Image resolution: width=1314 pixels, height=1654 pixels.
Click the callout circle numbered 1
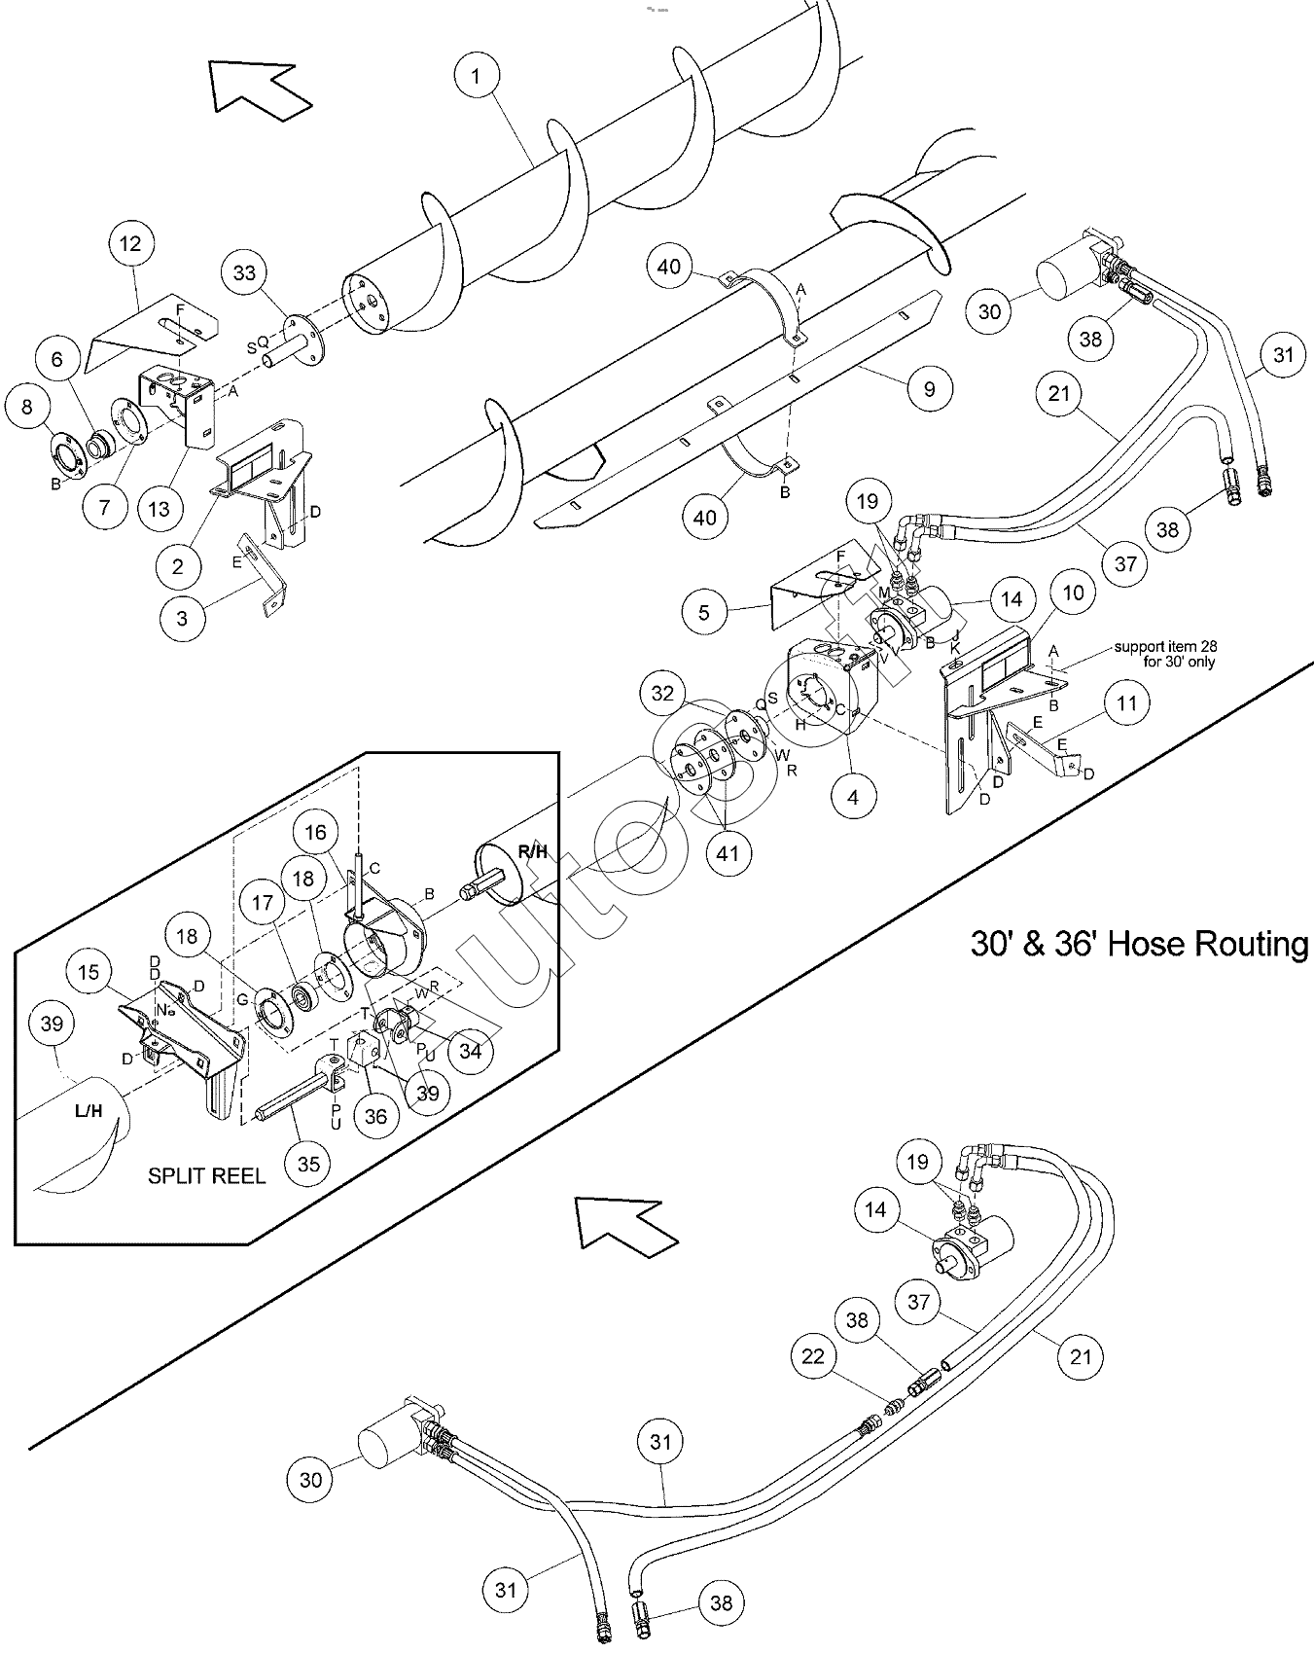[476, 76]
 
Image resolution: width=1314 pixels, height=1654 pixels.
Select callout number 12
[130, 243]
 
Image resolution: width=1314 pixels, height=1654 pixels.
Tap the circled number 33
[244, 272]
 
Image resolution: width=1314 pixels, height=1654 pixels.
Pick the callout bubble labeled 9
[929, 388]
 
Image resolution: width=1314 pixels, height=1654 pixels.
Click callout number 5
[704, 612]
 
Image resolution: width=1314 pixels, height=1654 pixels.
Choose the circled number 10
[1073, 593]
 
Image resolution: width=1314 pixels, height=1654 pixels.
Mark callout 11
[1126, 701]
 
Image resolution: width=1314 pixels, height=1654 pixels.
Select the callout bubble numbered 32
[662, 694]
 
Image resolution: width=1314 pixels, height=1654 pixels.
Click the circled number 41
[728, 853]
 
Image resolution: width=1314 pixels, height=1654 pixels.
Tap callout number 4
[853, 797]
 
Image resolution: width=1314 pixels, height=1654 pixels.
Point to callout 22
[813, 1356]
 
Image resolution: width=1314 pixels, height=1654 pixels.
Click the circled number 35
[308, 1164]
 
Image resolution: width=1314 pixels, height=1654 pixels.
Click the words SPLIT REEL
[206, 1175]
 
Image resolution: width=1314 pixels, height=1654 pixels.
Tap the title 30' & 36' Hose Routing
[1139, 944]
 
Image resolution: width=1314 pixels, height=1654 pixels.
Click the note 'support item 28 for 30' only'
[1165, 654]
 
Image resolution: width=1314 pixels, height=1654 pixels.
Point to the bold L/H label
[88, 1111]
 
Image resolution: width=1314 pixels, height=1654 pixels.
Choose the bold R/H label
[533, 852]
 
